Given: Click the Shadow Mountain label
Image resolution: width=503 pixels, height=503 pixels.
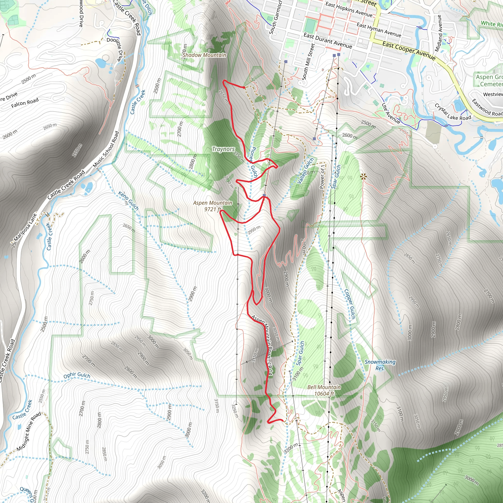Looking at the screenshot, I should pos(204,55).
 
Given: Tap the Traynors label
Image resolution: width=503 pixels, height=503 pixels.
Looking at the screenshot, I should pos(223,149).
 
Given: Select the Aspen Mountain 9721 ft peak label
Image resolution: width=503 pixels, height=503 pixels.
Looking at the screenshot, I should pos(212,206).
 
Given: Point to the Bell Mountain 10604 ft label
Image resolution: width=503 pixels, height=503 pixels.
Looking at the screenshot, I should pos(324,390).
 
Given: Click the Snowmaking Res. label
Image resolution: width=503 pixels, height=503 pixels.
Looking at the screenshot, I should pos(380,365).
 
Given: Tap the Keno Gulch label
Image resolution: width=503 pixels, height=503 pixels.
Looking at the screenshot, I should pos(128,201).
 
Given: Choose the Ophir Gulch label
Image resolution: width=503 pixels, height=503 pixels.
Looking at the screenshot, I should pos(77,375).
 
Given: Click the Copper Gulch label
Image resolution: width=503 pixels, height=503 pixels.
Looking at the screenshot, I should pos(350,304).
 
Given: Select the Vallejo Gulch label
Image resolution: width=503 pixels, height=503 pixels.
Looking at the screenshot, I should pos(305,171).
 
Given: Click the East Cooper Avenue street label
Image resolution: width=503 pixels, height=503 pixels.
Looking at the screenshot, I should pos(408,51).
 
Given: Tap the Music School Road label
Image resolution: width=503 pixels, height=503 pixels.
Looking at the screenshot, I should pos(106,149).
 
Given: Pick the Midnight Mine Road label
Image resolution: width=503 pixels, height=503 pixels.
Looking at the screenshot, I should pos(29,431).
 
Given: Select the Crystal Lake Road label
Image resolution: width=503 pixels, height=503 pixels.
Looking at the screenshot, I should pos(453,112).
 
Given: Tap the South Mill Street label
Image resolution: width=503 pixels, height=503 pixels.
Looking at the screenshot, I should pos(308,62).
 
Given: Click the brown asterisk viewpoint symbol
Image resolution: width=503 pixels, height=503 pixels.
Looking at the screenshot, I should pos(363,177).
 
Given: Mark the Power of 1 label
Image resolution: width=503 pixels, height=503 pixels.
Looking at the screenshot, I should pos(322,177).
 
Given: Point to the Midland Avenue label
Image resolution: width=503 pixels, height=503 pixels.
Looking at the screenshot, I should pos(439,33).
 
